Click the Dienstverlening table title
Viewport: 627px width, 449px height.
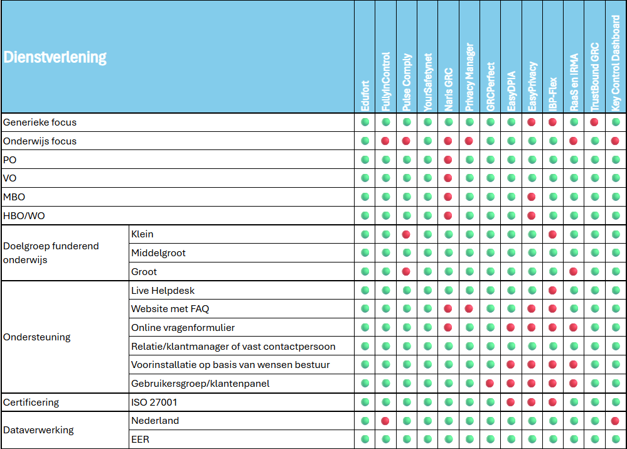tap(55, 57)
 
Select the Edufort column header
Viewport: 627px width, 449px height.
tap(365, 95)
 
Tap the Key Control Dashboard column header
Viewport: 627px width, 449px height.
tap(616, 63)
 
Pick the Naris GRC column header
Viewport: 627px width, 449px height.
tap(449, 89)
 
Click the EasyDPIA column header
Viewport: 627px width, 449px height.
tap(512, 91)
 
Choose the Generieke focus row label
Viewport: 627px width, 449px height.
tap(40, 122)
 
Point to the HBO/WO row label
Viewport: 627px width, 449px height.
tap(24, 216)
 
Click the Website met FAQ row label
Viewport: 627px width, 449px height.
tap(170, 309)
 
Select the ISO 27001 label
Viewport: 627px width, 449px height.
tap(154, 402)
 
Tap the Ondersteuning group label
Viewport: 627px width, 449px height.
tap(37, 337)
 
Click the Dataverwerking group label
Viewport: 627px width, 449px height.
tap(38, 430)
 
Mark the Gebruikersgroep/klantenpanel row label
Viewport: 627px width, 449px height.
tap(200, 384)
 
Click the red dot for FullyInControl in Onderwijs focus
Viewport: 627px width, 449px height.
tap(385, 141)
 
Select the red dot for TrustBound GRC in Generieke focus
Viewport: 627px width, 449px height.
tap(594, 122)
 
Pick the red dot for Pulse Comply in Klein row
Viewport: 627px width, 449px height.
tap(406, 234)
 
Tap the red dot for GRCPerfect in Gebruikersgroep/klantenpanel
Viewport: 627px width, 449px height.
tap(490, 383)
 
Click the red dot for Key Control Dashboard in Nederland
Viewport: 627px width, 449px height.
tap(616, 421)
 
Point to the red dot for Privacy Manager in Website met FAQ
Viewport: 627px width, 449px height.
tap(469, 308)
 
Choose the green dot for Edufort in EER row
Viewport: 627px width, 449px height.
tap(365, 439)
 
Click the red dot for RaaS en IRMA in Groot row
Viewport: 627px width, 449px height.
tap(574, 272)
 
